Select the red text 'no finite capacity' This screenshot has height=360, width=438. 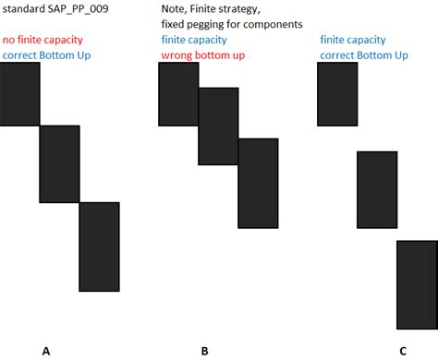tap(43, 41)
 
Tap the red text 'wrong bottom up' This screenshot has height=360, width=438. tap(202, 56)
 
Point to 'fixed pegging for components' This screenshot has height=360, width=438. tap(231, 24)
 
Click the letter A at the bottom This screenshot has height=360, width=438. tap(46, 351)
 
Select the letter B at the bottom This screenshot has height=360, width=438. tap(204, 351)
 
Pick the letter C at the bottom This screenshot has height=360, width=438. tap(403, 351)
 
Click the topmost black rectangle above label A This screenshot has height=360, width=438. tap(19, 94)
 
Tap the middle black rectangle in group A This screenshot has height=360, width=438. tap(59, 163)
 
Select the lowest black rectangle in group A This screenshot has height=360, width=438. tap(99, 246)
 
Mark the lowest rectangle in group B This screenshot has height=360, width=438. tap(258, 183)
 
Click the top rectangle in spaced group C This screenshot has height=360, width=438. tap(337, 94)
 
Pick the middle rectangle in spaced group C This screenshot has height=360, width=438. tap(377, 188)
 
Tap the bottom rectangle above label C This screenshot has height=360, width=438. tap(417, 283)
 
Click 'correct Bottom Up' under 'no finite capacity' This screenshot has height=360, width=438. tap(47, 56)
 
